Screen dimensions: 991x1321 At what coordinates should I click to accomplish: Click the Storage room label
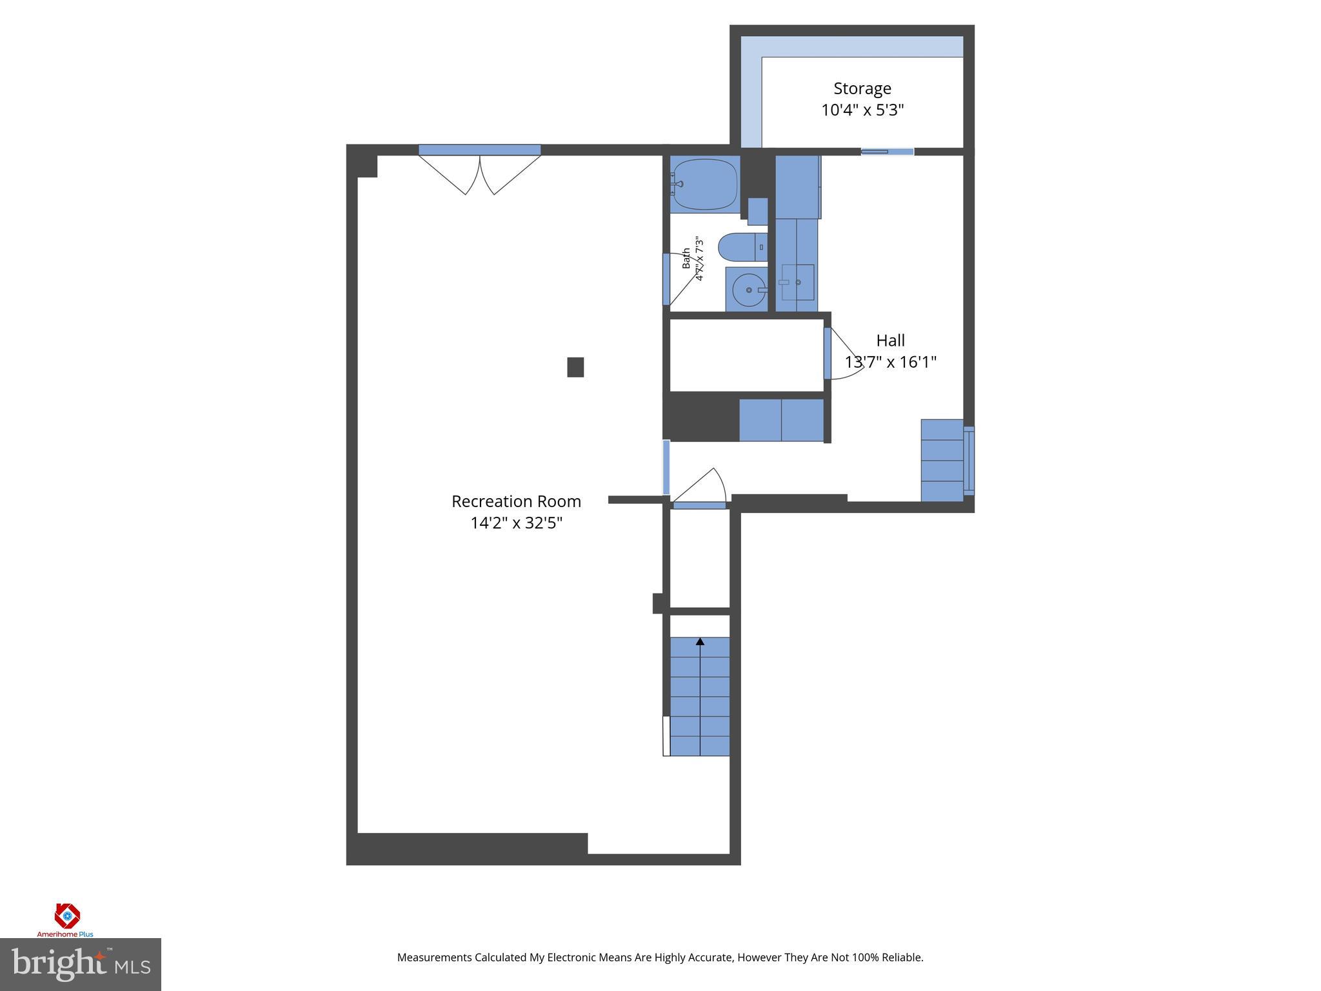pyautogui.click(x=862, y=88)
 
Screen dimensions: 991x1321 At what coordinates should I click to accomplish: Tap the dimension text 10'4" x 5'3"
pyautogui.click(x=862, y=110)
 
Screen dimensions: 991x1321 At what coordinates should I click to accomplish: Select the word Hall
pyautogui.click(x=890, y=340)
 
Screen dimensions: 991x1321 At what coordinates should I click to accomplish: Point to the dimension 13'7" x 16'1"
pyautogui.click(x=890, y=362)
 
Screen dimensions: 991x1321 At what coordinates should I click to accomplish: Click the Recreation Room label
pyautogui.click(x=516, y=501)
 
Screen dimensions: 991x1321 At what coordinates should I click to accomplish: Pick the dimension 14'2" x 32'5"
pyautogui.click(x=516, y=523)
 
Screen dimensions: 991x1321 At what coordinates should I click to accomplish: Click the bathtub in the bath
pyautogui.click(x=704, y=184)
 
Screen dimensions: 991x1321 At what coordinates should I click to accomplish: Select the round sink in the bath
pyautogui.click(x=748, y=290)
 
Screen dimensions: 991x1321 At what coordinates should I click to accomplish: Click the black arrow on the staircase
pyautogui.click(x=700, y=641)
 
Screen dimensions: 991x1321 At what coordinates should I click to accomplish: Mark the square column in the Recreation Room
pyautogui.click(x=575, y=367)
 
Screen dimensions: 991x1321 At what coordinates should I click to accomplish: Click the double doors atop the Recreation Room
pyautogui.click(x=479, y=169)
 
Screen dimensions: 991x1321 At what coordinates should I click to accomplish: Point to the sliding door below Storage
pyautogui.click(x=888, y=152)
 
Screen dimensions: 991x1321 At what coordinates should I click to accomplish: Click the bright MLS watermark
pyautogui.click(x=80, y=965)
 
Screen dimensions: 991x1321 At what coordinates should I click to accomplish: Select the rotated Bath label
pyautogui.click(x=686, y=258)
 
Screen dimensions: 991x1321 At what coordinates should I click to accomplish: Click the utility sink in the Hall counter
pyautogui.click(x=797, y=283)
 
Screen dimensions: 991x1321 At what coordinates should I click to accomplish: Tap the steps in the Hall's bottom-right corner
pyautogui.click(x=942, y=460)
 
